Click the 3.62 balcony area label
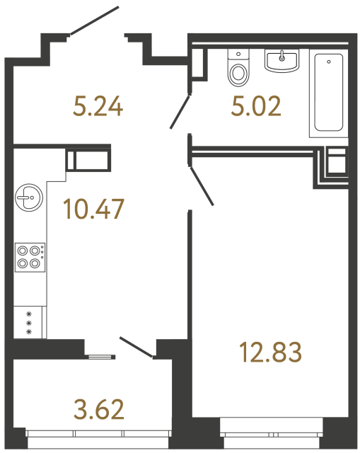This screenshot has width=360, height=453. (x=98, y=408)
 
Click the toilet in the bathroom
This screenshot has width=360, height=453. (x=238, y=68)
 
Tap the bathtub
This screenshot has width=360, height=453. (x=330, y=94)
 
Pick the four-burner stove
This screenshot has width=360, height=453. (x=30, y=256)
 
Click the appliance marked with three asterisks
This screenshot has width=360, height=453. (x=30, y=322)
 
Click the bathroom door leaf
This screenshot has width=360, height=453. (x=180, y=112)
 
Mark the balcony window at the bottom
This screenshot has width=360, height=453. (x=98, y=434)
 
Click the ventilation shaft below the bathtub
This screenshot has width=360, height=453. (x=335, y=162)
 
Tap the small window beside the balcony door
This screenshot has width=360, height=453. (x=99, y=355)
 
